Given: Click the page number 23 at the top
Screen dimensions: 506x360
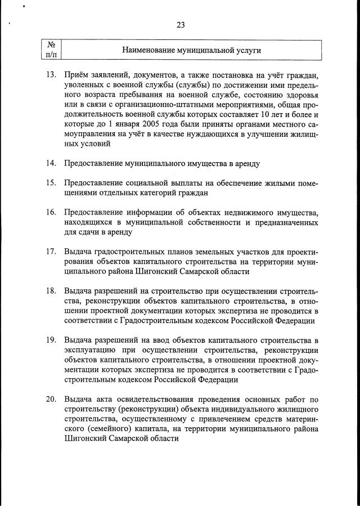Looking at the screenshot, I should pyautogui.click(x=180, y=25).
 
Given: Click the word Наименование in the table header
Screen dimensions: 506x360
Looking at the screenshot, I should pyautogui.click(x=152, y=50).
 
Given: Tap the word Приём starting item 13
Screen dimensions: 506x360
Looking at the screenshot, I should pyautogui.click(x=76, y=75).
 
